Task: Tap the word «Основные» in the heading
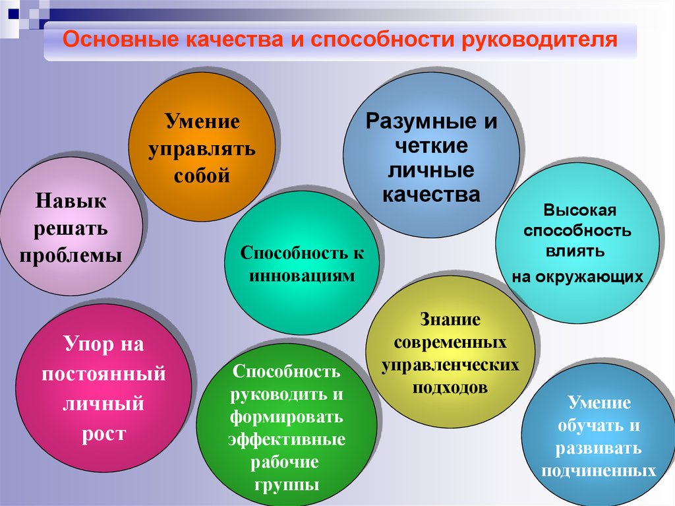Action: coord(121,39)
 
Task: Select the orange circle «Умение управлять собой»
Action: coord(202,147)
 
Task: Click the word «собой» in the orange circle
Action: coord(202,175)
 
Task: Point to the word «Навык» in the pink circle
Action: coord(71,201)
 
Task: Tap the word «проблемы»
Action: coord(71,256)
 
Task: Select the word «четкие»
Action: coord(431,146)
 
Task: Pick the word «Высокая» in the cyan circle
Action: coord(580,210)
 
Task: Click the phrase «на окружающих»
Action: coord(577,276)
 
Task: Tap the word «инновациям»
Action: coord(302,276)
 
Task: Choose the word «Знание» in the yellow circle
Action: coord(450,319)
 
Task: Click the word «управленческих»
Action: coord(450,365)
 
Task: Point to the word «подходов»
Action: coord(450,387)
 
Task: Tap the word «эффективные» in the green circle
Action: coord(287,439)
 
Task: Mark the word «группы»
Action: coord(287,485)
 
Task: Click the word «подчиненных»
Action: coord(599,470)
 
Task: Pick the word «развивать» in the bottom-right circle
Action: coord(599,448)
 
